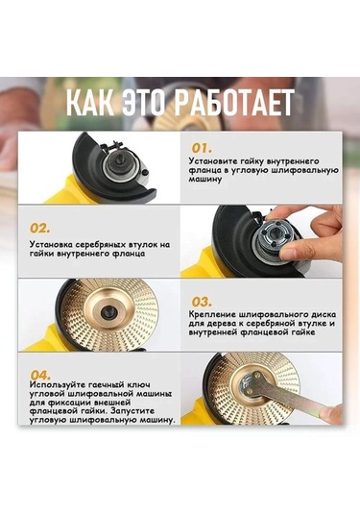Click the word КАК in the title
(94, 103)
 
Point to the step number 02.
(40, 229)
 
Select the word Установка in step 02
(49, 246)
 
